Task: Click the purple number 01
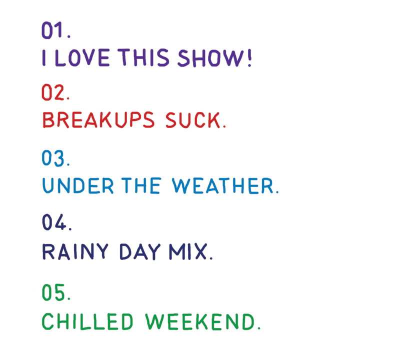(x=52, y=30)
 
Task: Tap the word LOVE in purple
(x=82, y=57)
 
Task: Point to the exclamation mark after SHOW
(x=249, y=57)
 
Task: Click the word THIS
(x=143, y=57)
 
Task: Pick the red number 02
(x=53, y=92)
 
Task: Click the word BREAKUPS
(x=98, y=120)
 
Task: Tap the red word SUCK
(x=193, y=120)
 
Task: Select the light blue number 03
(x=53, y=158)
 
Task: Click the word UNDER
(x=78, y=185)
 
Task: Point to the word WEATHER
(x=222, y=185)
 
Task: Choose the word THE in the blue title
(x=141, y=185)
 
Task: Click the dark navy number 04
(x=54, y=222)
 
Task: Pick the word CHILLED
(x=87, y=321)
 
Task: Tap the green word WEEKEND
(x=200, y=322)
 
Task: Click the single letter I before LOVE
(x=44, y=57)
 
